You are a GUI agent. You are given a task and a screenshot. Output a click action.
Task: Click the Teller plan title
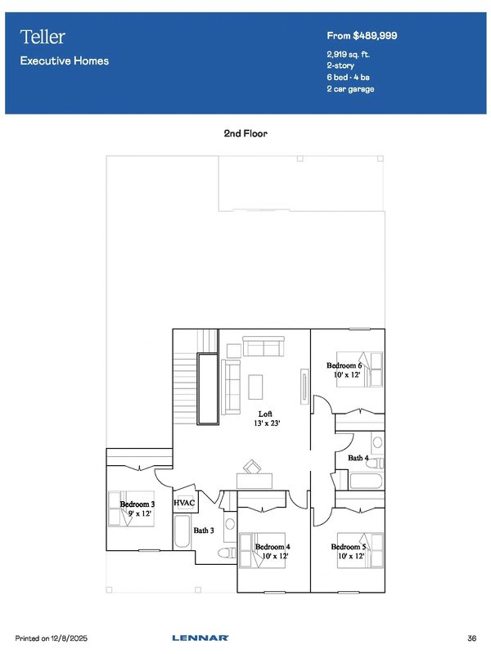click(x=43, y=37)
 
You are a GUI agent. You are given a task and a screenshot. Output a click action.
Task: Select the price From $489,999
click(x=362, y=36)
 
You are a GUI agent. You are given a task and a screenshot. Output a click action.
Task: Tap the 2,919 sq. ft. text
click(x=349, y=54)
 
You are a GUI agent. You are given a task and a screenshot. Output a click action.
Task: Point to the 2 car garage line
click(x=350, y=89)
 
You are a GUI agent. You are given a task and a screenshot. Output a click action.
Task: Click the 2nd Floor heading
click(x=245, y=133)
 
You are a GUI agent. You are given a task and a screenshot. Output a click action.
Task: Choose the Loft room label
click(x=265, y=414)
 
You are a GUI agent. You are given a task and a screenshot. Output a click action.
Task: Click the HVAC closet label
click(x=184, y=503)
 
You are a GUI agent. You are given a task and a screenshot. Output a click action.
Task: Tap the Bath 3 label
click(x=204, y=531)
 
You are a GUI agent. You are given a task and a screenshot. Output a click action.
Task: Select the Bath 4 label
click(x=358, y=458)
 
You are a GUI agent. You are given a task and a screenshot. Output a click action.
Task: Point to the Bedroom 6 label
click(x=344, y=365)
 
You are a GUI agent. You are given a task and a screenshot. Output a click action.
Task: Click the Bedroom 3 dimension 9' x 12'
click(x=140, y=513)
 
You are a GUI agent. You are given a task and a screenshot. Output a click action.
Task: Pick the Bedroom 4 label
click(x=273, y=547)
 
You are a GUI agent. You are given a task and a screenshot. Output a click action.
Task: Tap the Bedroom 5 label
click(x=349, y=547)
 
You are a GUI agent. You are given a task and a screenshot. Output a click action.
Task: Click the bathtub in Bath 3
click(x=182, y=531)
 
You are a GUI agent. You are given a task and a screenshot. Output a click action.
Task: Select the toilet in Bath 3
click(x=227, y=553)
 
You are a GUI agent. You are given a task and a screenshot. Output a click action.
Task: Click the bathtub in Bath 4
click(x=366, y=481)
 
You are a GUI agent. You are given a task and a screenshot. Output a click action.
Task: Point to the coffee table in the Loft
click(x=255, y=387)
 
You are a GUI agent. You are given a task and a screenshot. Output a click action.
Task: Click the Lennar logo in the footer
click(x=200, y=638)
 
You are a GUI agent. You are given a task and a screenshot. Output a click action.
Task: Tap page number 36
click(x=472, y=638)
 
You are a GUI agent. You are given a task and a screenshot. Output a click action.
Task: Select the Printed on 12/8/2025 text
click(x=52, y=638)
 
